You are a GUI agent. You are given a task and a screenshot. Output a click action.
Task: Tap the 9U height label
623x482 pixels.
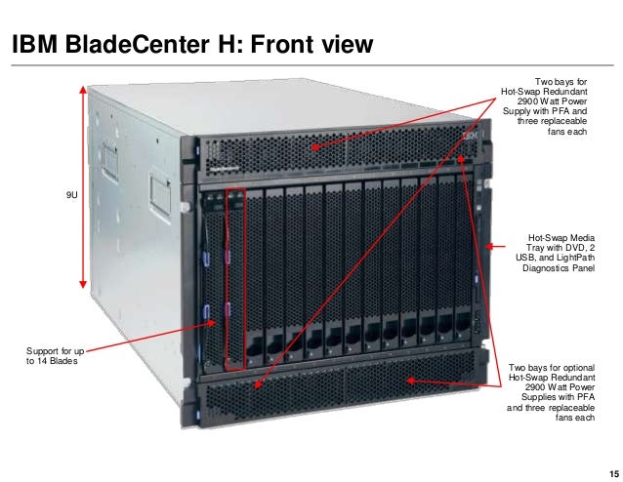[x=71, y=197]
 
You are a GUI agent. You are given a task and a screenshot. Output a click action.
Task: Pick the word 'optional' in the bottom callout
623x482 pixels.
[x=576, y=368]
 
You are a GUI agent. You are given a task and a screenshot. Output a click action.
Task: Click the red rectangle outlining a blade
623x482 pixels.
[x=232, y=279]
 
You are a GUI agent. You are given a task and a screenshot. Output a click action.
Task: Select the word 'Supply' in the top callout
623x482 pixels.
[x=519, y=111]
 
